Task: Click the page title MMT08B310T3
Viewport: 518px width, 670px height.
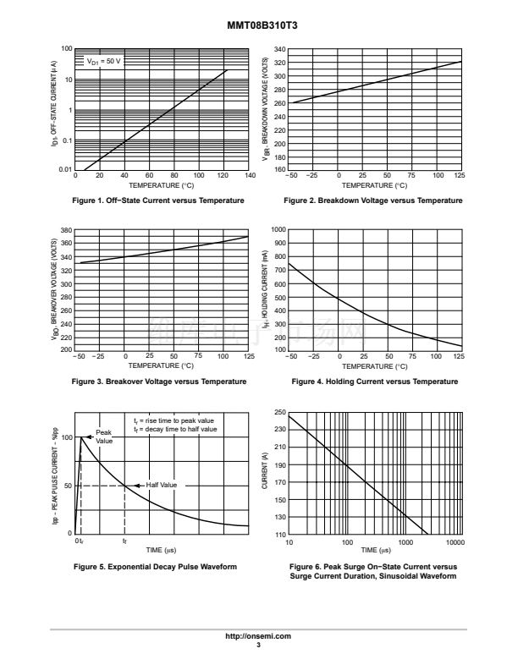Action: click(258, 26)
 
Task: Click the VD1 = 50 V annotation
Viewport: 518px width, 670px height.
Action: click(104, 62)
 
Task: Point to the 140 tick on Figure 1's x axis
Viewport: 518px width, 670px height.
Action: click(250, 176)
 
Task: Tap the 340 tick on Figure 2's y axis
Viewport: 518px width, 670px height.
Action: click(280, 49)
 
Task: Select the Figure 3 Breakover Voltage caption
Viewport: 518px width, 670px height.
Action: click(160, 382)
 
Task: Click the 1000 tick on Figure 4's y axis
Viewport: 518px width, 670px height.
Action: click(278, 230)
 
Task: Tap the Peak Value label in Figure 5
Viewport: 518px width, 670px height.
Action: click(104, 437)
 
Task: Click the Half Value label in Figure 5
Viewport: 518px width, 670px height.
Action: click(162, 485)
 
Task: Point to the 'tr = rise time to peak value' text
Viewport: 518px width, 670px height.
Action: click(174, 420)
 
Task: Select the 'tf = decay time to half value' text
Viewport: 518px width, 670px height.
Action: click(175, 430)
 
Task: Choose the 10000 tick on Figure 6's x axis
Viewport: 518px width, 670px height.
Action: click(455, 541)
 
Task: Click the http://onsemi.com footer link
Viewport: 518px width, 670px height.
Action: click(259, 635)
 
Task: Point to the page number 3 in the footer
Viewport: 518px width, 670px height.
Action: click(259, 645)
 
